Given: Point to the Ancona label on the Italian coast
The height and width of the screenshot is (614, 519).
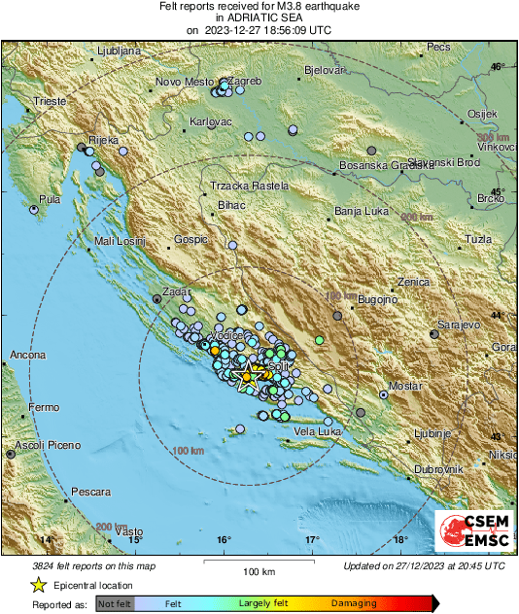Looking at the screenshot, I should tap(28, 356).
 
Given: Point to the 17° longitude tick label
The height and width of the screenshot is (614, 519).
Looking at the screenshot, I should tap(312, 539).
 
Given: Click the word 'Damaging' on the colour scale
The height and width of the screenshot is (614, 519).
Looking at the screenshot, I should tap(354, 603).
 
